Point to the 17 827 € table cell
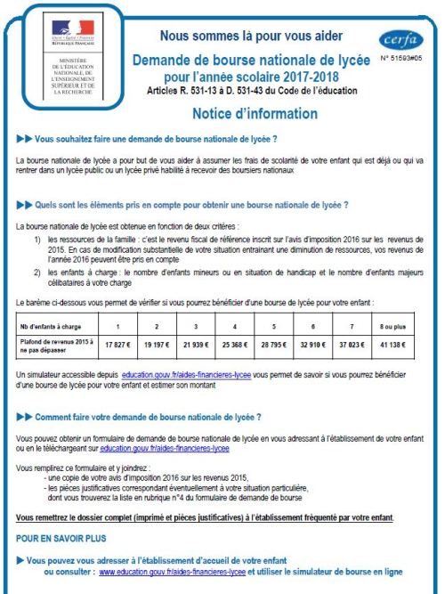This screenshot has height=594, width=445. pyautogui.click(x=119, y=344)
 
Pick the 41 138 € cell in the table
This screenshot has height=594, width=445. pyautogui.click(x=406, y=344)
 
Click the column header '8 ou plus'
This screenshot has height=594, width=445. pyautogui.click(x=406, y=324)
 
